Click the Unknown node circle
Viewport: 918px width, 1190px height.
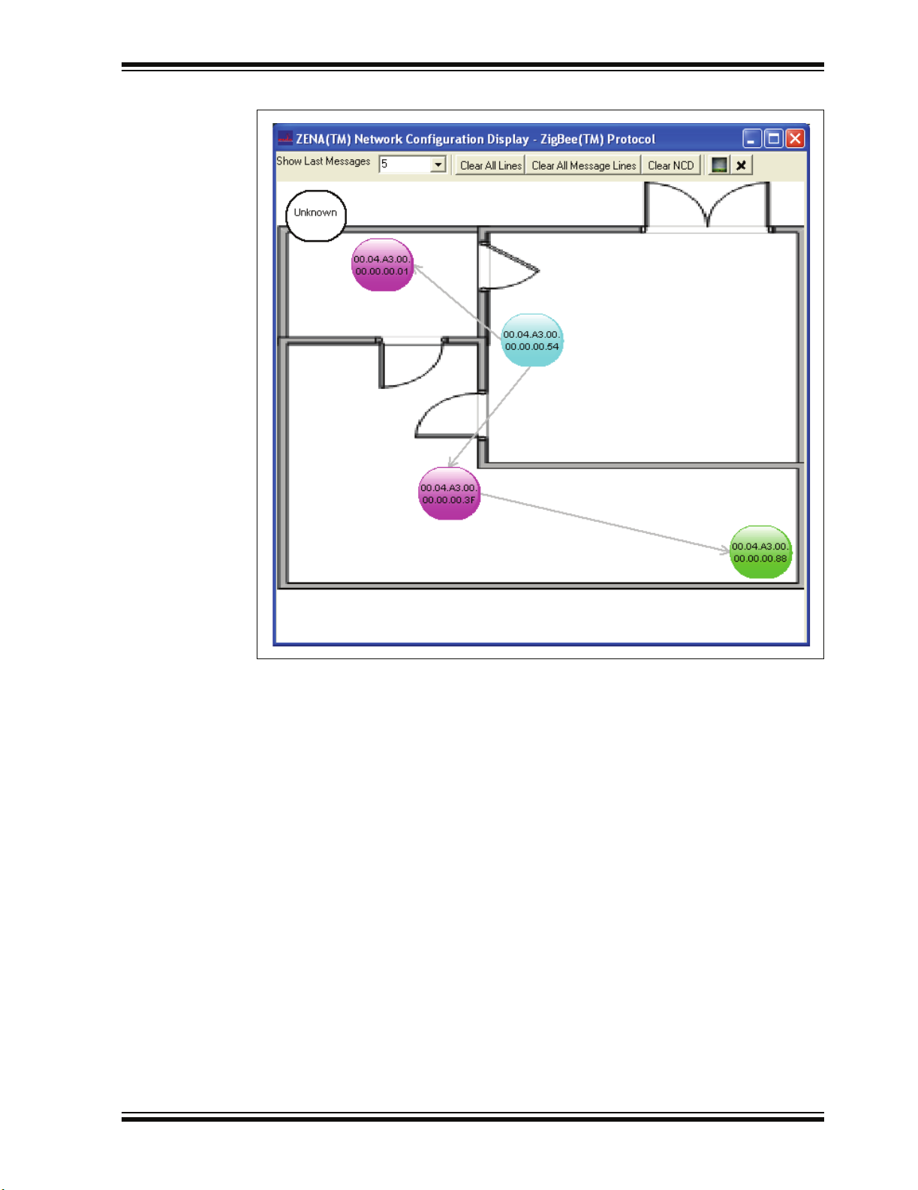pos(316,216)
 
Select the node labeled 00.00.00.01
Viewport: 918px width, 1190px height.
pos(382,265)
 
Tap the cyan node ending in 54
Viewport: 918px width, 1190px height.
pos(531,340)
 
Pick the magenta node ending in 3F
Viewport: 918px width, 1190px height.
pos(449,493)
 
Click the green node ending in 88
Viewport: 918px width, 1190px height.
pos(760,552)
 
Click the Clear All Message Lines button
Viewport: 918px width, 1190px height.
pos(584,165)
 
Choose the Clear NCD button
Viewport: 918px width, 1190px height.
pos(671,165)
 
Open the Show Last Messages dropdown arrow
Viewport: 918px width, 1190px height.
pos(438,164)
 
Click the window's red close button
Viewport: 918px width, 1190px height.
pos(795,139)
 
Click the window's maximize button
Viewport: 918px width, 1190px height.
pos(773,139)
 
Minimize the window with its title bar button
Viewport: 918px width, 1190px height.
pos(752,139)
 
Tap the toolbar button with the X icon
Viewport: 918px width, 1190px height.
pos(741,165)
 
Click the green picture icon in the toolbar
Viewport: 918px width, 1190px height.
pos(719,165)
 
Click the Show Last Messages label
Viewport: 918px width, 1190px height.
pos(324,161)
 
